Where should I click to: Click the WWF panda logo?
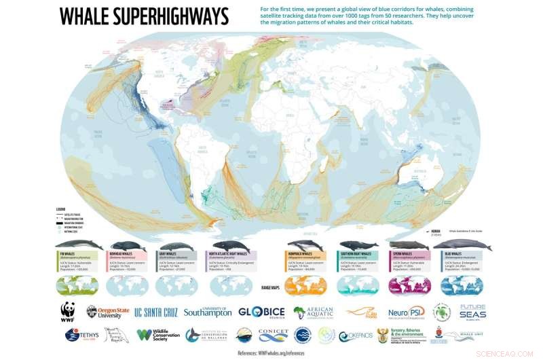68,311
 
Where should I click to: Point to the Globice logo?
261,312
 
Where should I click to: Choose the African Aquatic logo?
314,312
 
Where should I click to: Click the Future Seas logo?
472,312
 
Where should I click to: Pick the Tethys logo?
81,334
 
